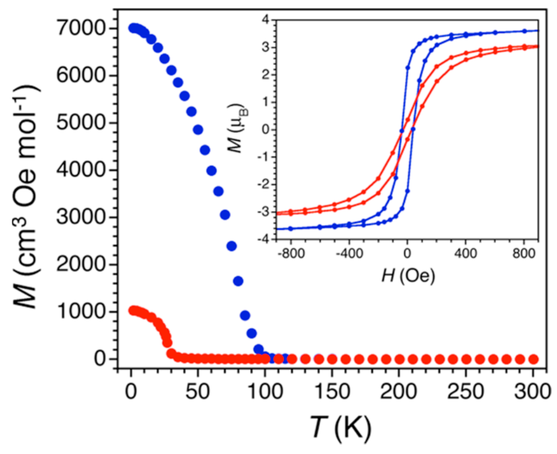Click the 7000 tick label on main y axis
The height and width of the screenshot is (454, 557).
pos(81,28)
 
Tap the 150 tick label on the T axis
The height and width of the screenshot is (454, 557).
pos(333,391)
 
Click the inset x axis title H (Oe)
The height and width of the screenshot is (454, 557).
pos(408,276)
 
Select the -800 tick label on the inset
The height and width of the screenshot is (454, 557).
pos(291,253)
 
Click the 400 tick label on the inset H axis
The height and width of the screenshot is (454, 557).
pos(466,253)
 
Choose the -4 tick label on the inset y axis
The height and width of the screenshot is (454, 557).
pos(263,239)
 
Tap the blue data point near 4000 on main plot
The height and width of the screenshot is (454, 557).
pos(212,171)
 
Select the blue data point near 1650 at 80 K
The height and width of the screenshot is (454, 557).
pos(238,281)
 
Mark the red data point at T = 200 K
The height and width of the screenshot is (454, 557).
pos(399,359)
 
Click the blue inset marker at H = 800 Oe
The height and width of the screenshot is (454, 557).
pos(524,31)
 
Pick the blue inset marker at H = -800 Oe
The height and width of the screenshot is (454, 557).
pos(291,228)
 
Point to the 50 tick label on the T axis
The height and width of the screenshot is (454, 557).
pos(198,391)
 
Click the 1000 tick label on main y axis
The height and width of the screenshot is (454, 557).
pos(81,312)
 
